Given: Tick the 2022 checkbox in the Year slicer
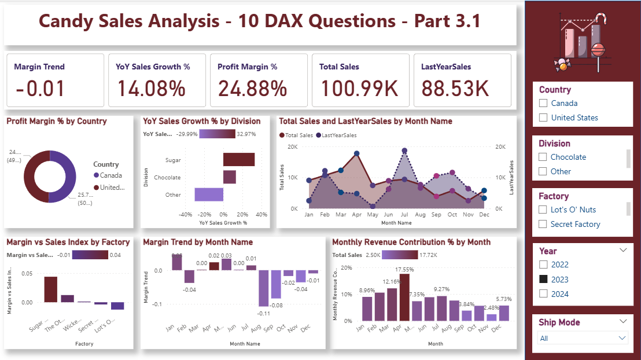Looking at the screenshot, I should coord(543,265).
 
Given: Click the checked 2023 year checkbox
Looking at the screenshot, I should coord(543,280).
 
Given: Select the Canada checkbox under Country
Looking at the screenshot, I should coord(543,103).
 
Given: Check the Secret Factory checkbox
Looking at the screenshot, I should coord(543,225).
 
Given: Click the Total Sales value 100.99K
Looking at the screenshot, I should coord(359,89).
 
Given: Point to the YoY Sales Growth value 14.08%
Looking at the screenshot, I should coord(152,89).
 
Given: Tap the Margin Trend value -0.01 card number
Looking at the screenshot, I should coord(40,89).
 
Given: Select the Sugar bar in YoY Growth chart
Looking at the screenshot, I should coord(239,160).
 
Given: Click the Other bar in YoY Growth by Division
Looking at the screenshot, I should coord(209,194).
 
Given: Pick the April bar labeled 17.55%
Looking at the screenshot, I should coord(404,297).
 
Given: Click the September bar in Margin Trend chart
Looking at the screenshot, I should coord(263,288).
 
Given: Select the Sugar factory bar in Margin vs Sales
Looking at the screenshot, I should coord(51,289).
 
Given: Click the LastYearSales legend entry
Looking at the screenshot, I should coord(336,135).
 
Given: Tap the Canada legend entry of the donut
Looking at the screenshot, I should coord(110,175).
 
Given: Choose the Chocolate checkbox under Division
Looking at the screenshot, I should coord(543,157).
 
